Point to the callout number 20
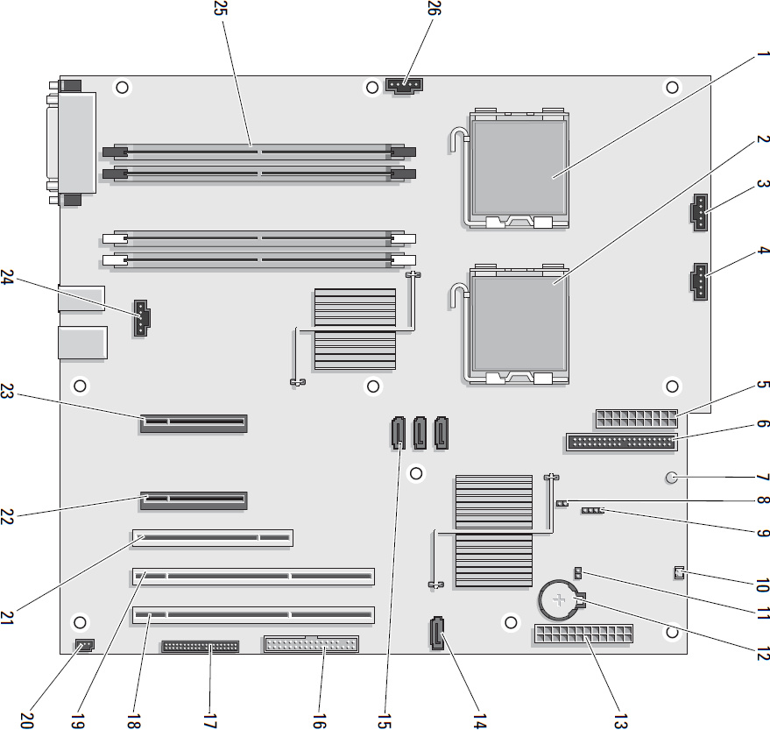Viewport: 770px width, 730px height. coord(27,720)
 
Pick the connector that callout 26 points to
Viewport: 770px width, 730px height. coord(405,86)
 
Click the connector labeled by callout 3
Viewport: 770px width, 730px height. coord(699,212)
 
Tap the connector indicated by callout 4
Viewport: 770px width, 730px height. coord(699,281)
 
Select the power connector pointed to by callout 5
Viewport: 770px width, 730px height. coord(636,419)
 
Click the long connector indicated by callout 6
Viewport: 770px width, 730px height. coord(621,443)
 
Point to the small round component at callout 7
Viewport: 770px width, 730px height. coord(672,477)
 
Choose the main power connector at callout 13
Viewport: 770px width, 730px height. coord(582,634)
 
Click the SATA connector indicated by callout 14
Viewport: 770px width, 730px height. coord(437,633)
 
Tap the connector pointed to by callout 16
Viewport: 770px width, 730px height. coord(311,643)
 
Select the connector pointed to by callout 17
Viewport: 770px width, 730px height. coord(201,646)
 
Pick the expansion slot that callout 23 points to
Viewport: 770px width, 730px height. coord(194,423)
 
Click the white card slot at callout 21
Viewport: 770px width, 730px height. coord(213,537)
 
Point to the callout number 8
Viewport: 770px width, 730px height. coord(763,500)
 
